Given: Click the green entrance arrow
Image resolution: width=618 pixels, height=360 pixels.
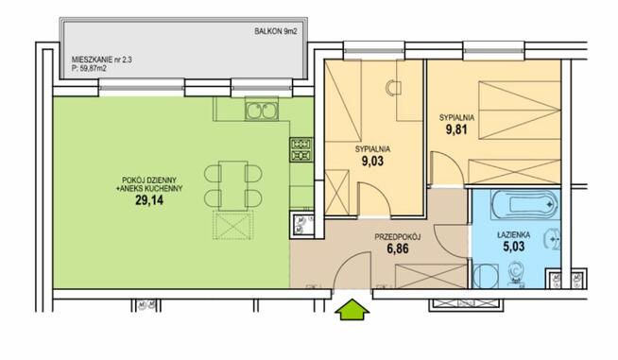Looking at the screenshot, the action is click(x=352, y=309).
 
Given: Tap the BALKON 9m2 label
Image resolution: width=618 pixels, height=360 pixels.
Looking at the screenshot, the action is click(x=276, y=32).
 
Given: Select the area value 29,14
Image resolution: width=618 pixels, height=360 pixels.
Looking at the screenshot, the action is click(x=149, y=200).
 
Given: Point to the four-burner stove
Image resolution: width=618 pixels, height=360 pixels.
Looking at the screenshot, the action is click(x=301, y=150).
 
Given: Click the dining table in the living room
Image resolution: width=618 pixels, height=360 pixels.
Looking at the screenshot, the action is click(x=233, y=185).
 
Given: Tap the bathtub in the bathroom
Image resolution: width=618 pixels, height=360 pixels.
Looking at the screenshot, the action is click(x=525, y=204).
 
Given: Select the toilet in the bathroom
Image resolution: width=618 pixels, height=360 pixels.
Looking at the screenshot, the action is click(x=515, y=272).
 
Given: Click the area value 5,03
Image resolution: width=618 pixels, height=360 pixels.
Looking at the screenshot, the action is click(x=513, y=247).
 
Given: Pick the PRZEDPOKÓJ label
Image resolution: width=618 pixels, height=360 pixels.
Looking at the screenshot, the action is click(x=397, y=237).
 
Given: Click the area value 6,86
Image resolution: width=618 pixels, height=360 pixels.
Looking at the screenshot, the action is click(x=397, y=249).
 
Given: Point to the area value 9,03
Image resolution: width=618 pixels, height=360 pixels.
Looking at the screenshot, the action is click(x=372, y=161).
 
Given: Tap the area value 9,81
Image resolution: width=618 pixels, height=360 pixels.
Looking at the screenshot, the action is click(x=456, y=129).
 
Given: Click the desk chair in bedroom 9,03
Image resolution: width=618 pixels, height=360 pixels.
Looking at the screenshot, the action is click(x=393, y=88).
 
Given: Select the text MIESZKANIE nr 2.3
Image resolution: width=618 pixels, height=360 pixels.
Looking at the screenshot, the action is click(x=102, y=60).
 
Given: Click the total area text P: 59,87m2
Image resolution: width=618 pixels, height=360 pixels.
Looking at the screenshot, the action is click(x=89, y=68).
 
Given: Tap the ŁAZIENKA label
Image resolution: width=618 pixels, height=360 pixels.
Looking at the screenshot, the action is click(x=513, y=235).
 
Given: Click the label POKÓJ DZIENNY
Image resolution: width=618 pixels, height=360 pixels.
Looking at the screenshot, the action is click(x=149, y=180).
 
